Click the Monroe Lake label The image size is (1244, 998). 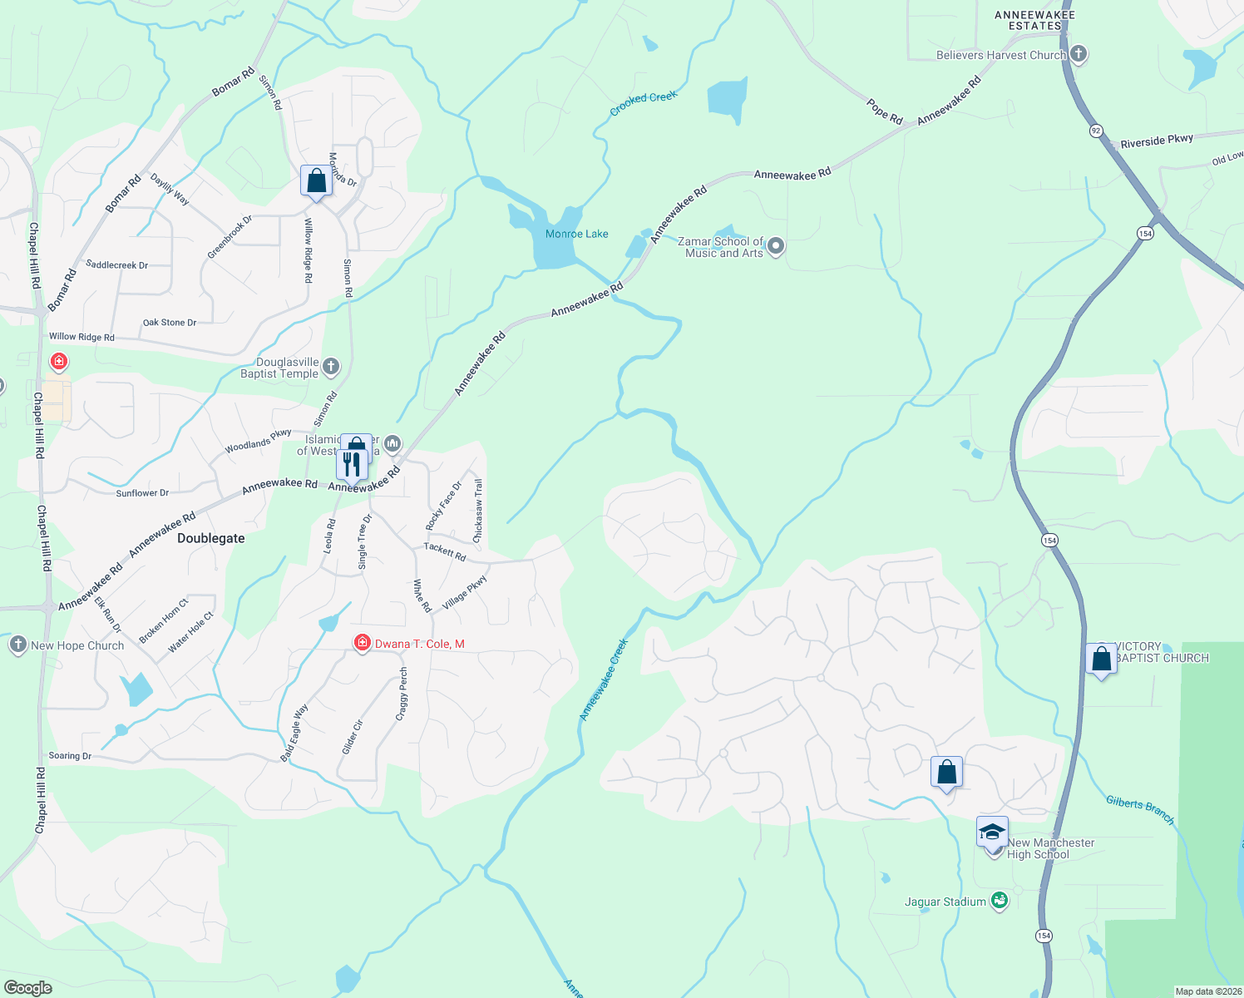point(576,234)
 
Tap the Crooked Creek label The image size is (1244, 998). point(643,103)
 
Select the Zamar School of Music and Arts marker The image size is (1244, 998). point(776,245)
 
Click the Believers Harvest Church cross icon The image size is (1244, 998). point(1079,54)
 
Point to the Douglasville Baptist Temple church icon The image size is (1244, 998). point(331,367)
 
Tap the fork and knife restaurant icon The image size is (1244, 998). point(352,464)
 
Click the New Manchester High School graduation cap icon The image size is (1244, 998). point(992,831)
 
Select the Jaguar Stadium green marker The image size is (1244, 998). point(1000,901)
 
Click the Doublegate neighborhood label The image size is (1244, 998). point(211,538)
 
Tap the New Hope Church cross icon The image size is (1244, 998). point(17,645)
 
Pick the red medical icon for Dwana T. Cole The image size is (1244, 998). point(362,643)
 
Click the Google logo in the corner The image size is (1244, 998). point(27,987)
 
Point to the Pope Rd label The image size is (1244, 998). point(884,111)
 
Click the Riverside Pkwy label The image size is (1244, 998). point(1156,141)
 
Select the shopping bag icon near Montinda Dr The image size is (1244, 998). point(316,180)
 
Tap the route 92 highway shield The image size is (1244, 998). point(1096,131)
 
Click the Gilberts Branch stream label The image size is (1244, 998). point(1140,809)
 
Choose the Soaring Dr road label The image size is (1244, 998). point(70,756)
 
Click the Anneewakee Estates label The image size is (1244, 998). point(1034,20)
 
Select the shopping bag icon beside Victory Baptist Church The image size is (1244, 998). point(1101,659)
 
